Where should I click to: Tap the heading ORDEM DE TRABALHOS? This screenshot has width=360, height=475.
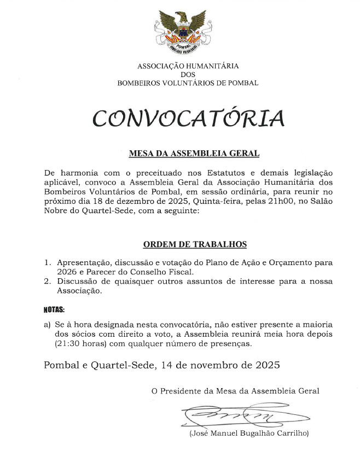[195, 244]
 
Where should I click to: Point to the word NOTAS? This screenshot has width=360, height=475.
[54, 309]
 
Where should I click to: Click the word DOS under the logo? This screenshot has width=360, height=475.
[188, 75]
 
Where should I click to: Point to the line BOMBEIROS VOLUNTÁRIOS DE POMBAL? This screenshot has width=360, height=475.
[188, 83]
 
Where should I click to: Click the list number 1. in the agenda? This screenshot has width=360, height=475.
[48, 262]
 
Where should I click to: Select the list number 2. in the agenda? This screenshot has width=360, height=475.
[48, 281]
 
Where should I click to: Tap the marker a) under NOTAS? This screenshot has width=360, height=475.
[47, 324]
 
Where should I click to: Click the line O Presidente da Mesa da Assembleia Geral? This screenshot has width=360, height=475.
[235, 391]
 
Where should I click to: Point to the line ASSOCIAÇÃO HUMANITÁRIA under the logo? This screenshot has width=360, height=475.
[188, 66]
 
